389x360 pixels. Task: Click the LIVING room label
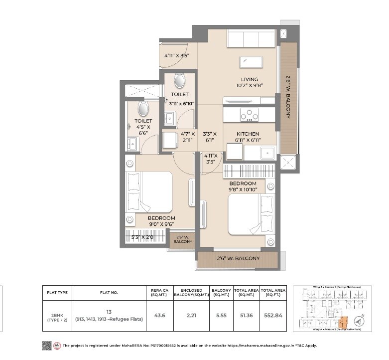[x=249, y=79]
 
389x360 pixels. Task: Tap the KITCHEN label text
[x=248, y=134]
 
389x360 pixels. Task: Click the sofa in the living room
[x=252, y=39]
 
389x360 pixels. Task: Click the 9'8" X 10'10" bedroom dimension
[x=243, y=189]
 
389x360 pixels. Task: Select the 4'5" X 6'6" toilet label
[x=143, y=127]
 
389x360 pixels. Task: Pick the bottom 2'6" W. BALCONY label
[x=238, y=258]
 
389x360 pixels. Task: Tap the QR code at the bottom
[x=47, y=346]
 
